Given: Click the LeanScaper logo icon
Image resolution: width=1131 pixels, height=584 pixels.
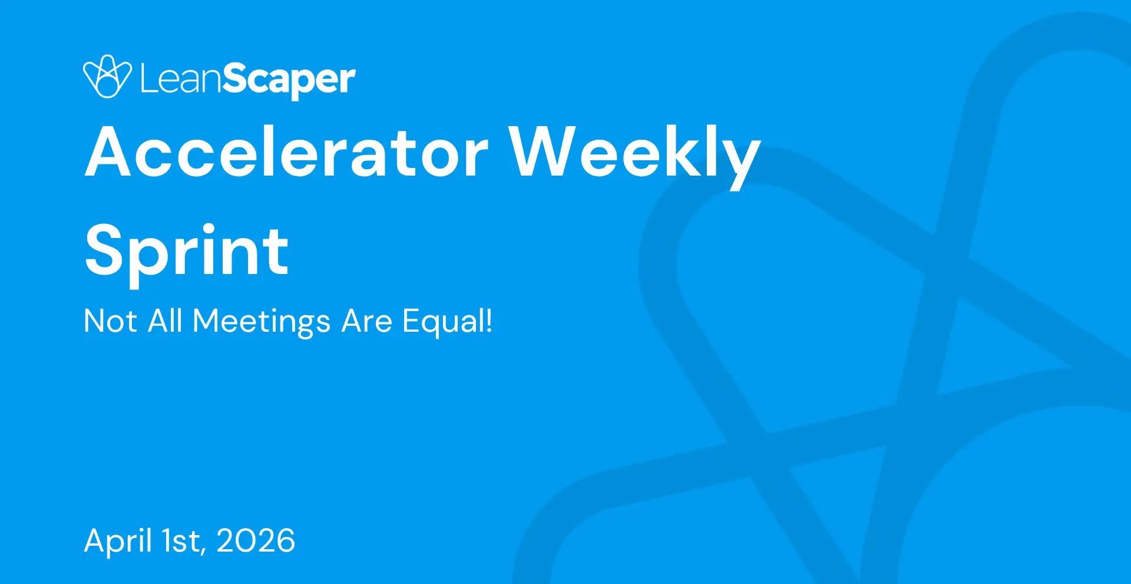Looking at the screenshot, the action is [x=107, y=77].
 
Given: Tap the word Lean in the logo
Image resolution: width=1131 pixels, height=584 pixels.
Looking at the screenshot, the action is [x=181, y=78].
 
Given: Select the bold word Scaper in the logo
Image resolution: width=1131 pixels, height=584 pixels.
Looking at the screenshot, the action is [x=289, y=81].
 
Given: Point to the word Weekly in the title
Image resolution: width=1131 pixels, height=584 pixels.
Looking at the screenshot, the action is [x=635, y=156].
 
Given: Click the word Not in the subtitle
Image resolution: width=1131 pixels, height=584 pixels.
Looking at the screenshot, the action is [x=111, y=321].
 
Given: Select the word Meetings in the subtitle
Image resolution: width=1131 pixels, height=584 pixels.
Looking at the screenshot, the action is [x=262, y=323].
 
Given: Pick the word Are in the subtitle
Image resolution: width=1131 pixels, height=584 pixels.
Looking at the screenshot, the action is [x=367, y=321].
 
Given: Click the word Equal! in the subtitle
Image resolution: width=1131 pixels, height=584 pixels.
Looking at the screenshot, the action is [x=447, y=322].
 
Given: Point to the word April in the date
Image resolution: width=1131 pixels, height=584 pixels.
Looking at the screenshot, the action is [x=118, y=542].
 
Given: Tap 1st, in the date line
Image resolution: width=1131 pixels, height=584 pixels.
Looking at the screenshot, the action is [x=184, y=542].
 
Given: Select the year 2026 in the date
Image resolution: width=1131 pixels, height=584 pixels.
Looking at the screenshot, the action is [x=256, y=540].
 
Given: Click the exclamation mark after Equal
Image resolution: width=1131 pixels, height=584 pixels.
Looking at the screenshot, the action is [x=488, y=321].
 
